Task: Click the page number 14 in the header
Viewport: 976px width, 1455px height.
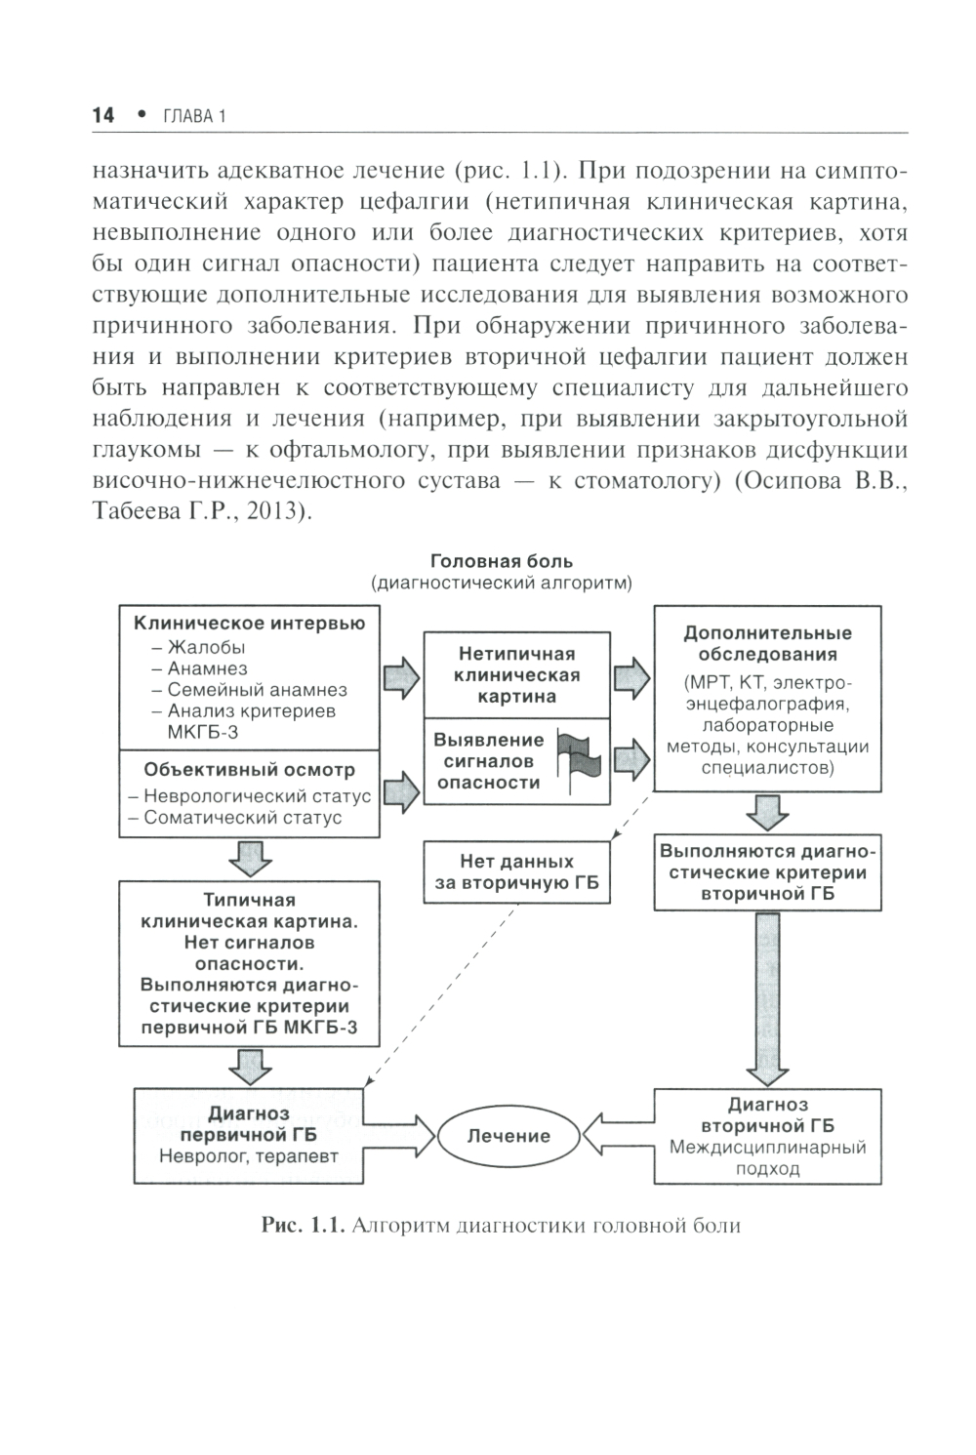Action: tap(102, 115)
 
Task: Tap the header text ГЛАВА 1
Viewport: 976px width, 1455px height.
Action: tap(194, 116)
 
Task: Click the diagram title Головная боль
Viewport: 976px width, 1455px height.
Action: tap(502, 561)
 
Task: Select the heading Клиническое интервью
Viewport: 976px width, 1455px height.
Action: tap(249, 624)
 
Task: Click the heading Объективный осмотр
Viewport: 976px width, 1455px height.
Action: tap(249, 770)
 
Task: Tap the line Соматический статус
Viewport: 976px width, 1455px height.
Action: tap(243, 818)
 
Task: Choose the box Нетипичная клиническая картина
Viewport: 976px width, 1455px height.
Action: tap(516, 674)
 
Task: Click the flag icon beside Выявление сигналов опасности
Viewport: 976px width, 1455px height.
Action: tap(580, 759)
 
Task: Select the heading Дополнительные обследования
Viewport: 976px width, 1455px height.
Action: tap(767, 644)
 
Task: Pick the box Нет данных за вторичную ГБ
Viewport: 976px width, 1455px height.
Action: tap(516, 873)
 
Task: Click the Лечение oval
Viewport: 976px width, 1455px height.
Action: tap(508, 1136)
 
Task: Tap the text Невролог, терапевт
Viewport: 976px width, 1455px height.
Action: tap(249, 1156)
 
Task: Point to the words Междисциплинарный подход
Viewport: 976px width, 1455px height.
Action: tap(767, 1157)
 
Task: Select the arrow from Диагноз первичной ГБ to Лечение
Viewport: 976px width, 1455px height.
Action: tap(400, 1136)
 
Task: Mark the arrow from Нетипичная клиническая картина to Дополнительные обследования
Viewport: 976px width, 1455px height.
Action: tap(631, 677)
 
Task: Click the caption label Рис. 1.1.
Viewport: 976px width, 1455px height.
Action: tap(303, 1226)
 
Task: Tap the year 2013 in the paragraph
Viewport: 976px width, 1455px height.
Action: tap(274, 511)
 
